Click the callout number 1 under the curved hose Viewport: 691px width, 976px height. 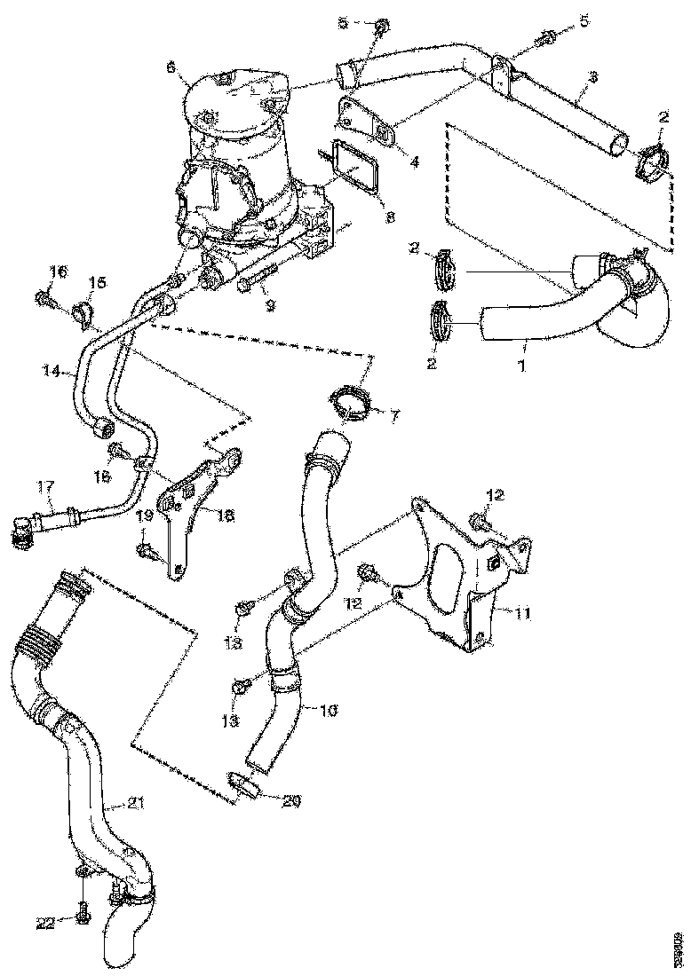coord(522,365)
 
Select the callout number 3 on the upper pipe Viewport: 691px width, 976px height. coord(592,78)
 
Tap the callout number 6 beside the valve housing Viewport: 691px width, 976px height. coord(171,67)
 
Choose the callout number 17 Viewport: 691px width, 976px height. coord(46,486)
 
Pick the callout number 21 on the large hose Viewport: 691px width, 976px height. coord(134,804)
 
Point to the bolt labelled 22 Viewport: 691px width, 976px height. coord(82,911)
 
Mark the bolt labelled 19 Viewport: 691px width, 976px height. coord(147,552)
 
